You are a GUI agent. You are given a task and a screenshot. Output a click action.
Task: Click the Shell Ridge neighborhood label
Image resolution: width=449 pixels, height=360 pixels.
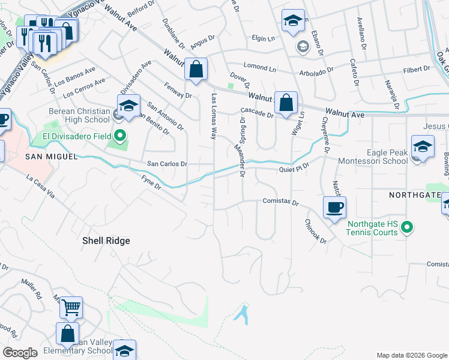106,241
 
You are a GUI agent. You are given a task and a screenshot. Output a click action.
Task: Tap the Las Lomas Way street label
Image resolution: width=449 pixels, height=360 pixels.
213,116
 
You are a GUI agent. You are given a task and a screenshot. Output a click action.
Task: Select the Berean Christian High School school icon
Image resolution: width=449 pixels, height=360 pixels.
128,106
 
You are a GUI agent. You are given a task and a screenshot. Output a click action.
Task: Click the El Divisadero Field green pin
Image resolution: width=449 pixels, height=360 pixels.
120,136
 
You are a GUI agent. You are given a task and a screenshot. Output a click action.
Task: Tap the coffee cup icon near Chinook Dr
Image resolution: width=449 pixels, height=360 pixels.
334,208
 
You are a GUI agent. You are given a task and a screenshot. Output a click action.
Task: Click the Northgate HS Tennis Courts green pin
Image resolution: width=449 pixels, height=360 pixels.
407,227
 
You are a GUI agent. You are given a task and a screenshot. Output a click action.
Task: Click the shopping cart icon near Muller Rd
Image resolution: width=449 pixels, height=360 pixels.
71,308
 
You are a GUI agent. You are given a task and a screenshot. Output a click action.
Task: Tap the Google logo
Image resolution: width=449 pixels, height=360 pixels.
20,353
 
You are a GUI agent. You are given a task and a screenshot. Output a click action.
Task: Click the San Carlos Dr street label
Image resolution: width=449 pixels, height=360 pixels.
167,164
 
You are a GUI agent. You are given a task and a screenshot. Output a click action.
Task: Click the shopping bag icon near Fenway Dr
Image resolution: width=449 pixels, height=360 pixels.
196,70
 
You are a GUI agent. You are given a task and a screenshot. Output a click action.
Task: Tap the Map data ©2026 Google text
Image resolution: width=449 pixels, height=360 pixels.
411,355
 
